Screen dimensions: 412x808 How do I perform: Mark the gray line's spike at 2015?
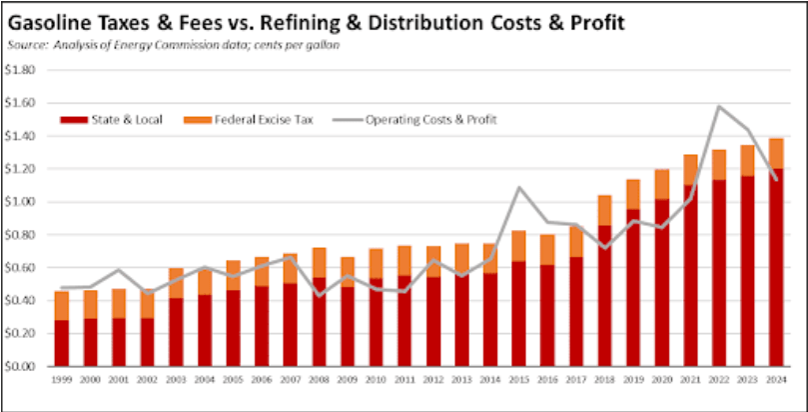pyautogui.click(x=519, y=187)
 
